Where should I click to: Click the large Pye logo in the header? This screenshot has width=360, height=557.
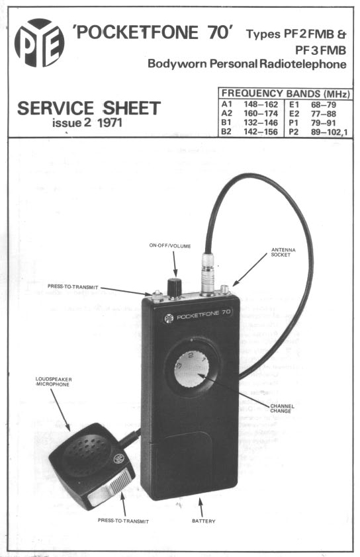click(x=40, y=42)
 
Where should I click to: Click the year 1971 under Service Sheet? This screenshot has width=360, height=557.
click(x=110, y=123)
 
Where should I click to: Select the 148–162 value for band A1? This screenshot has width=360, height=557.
click(x=261, y=105)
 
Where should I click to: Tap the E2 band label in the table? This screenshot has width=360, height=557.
click(x=294, y=114)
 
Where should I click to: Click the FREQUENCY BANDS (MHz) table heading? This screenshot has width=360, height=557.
click(x=286, y=94)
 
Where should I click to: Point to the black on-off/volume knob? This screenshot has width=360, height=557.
click(x=175, y=288)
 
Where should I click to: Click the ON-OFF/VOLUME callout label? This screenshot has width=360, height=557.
click(x=170, y=246)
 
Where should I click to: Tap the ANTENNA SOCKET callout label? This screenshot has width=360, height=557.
click(x=283, y=252)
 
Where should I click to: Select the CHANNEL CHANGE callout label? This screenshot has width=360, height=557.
click(x=282, y=409)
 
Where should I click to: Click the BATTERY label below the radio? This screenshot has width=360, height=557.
click(x=204, y=521)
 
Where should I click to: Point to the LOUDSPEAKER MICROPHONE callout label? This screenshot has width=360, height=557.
click(x=54, y=382)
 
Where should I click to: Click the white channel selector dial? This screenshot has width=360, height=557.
click(x=191, y=368)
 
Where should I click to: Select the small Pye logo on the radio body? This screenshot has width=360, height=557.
click(x=169, y=318)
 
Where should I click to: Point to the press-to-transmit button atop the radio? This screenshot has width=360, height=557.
click(x=156, y=296)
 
